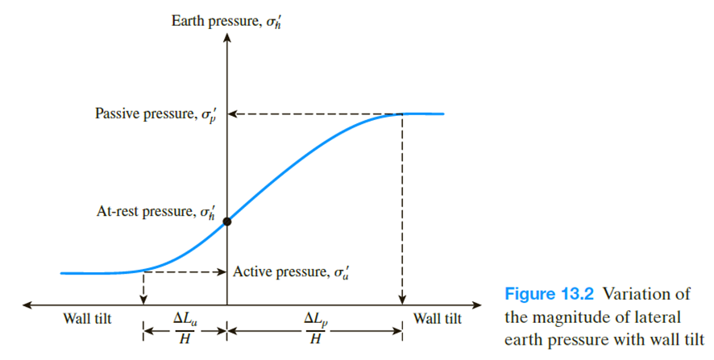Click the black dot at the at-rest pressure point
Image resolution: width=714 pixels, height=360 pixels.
coord(228,221)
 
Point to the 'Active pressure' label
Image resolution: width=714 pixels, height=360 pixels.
coord(291,272)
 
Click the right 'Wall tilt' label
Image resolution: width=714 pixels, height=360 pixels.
coord(438,319)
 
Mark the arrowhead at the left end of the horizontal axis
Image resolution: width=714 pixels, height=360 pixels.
coord(27,305)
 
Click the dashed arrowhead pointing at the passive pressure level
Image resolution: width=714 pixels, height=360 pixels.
coord(235,114)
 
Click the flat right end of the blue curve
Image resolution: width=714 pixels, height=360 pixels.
coord(431,114)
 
